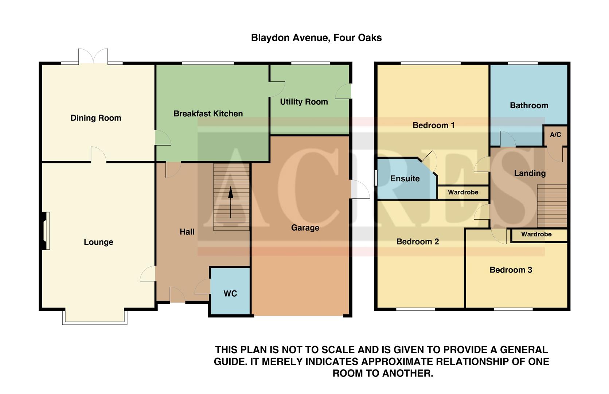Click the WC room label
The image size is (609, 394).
[x=230, y=294]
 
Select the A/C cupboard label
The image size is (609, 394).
[x=555, y=135]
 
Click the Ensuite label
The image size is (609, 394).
[x=405, y=179]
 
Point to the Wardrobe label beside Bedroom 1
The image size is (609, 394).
[x=463, y=192]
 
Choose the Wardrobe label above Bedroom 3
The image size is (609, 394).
[x=536, y=234]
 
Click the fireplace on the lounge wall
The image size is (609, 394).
[x=45, y=231]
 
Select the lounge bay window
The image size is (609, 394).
[x=95, y=317]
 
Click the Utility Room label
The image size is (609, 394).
[x=304, y=102]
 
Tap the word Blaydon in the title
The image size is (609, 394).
[x=270, y=38]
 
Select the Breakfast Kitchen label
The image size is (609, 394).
[x=208, y=114]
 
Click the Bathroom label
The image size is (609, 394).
[x=529, y=106]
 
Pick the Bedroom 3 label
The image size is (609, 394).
[x=510, y=270]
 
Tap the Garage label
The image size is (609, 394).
[x=305, y=228]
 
